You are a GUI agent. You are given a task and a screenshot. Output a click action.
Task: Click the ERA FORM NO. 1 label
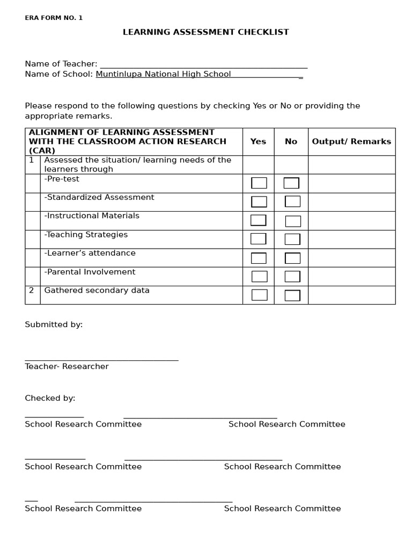(x=54, y=18)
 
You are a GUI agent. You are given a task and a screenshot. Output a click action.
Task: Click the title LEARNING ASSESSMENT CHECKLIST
(x=205, y=32)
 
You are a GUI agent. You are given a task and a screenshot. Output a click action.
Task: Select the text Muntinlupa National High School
(x=163, y=74)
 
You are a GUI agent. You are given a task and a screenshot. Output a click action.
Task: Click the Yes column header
(x=258, y=142)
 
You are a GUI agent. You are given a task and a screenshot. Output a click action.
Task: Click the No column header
(x=291, y=142)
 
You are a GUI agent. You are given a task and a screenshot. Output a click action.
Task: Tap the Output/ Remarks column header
(x=351, y=142)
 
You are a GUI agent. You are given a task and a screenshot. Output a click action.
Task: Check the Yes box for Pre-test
(x=259, y=183)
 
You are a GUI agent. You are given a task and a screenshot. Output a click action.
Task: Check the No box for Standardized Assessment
(x=292, y=201)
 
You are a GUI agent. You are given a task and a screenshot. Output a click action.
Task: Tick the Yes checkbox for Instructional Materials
(x=259, y=220)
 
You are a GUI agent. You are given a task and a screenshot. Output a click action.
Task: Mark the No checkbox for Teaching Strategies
(x=292, y=239)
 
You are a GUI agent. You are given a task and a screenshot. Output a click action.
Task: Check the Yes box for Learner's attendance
(x=259, y=258)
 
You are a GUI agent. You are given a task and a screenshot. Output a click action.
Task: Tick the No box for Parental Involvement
(x=292, y=277)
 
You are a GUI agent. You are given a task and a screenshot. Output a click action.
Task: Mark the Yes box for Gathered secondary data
(x=259, y=295)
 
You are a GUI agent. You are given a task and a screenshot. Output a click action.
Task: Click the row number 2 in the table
(x=32, y=291)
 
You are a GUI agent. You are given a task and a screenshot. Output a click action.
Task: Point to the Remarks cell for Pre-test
(x=351, y=183)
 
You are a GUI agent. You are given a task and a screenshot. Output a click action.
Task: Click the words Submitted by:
(x=54, y=324)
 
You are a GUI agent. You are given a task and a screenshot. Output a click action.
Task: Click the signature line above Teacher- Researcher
(x=101, y=360)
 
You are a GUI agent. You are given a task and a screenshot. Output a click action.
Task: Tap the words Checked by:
(x=50, y=398)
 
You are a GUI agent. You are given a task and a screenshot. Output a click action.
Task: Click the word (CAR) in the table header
(x=42, y=151)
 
